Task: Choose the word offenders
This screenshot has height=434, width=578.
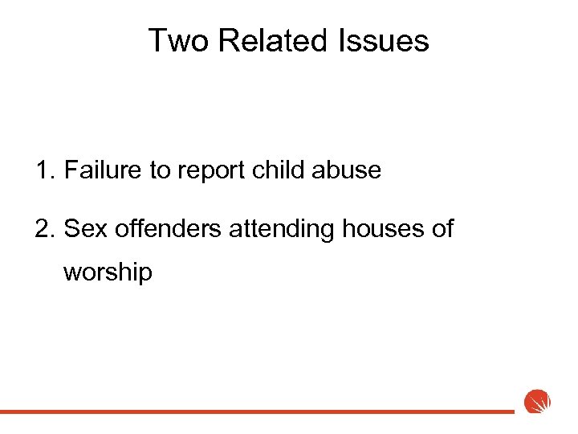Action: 168,229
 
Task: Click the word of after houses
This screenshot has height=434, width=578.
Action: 442,229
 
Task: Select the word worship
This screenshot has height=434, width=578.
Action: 108,272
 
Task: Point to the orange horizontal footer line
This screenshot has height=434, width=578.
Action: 257,411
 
